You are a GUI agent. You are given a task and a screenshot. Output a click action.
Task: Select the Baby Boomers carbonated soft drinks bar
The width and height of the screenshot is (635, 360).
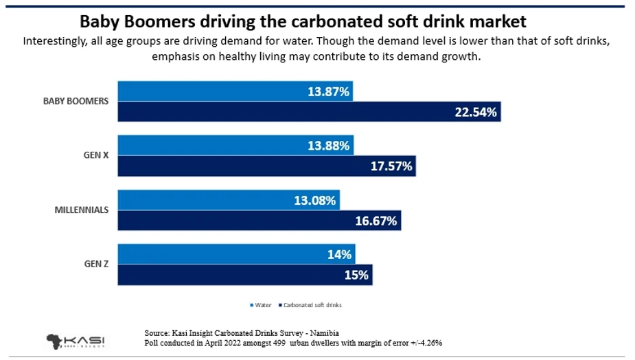tap(309, 111)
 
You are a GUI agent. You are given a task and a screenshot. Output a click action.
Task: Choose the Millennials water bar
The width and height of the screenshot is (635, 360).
tap(229, 201)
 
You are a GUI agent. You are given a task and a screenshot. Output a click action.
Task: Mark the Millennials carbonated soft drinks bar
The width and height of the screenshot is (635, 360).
tap(259, 221)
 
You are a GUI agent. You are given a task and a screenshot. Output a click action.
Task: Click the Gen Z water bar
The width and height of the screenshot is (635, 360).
tap(236, 255)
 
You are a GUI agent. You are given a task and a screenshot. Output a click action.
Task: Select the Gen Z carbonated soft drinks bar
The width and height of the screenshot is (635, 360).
tap(244, 275)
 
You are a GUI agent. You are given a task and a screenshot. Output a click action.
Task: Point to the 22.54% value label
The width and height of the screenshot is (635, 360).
tap(475, 111)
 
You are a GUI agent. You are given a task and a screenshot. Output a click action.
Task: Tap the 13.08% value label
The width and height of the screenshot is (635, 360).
tap(314, 201)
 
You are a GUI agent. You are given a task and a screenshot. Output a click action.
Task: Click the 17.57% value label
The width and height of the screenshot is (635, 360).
tap(391, 166)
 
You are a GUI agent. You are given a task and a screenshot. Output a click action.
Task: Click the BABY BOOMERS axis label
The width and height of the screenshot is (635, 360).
tap(76, 101)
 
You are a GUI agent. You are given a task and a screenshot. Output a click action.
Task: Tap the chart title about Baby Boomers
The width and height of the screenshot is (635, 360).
tap(317, 19)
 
